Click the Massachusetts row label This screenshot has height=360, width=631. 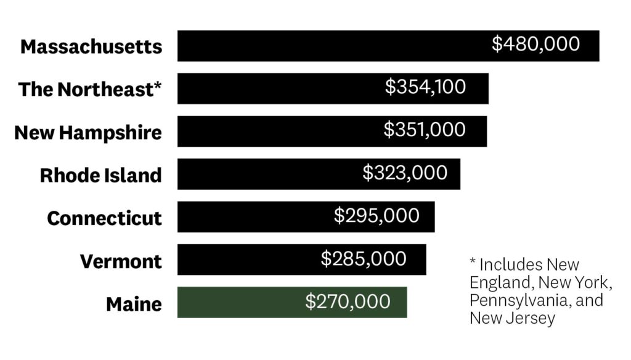point(91,47)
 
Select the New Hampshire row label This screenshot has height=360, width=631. point(88,133)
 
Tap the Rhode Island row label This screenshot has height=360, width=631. point(100,175)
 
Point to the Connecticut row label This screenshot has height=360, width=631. point(104,218)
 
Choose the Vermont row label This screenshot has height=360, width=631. point(121,261)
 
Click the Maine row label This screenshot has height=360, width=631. point(134,304)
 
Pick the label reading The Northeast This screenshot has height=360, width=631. point(86,89)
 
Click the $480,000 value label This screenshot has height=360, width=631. point(535,44)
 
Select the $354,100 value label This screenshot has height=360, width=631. point(425,87)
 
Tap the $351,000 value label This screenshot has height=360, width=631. point(425,130)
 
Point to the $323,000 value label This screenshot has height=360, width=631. point(405,173)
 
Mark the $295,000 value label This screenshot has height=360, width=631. point(377,216)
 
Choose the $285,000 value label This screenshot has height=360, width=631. point(364,259)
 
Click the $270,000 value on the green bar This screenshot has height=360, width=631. point(348,301)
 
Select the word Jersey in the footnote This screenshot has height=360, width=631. point(532,318)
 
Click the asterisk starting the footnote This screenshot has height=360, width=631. point(473,263)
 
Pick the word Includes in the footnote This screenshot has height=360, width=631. point(508,265)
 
